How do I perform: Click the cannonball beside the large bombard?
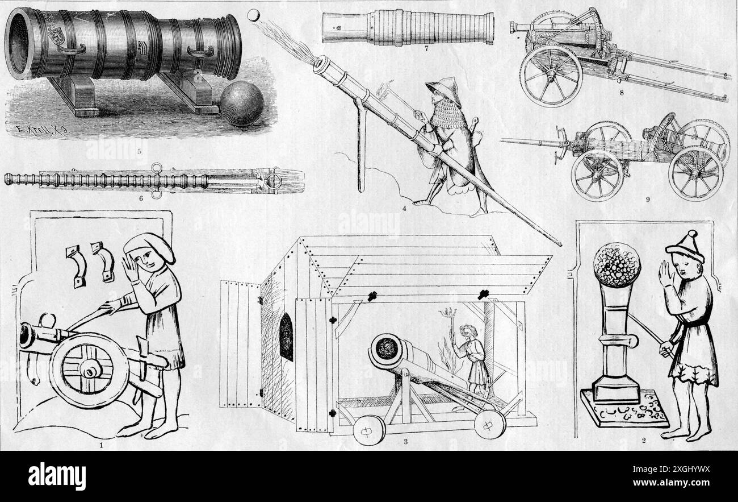click(x=242, y=103)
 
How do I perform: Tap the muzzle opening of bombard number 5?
click(x=18, y=43)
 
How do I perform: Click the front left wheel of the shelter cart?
click(x=368, y=429)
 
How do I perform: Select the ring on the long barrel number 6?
click(x=274, y=181)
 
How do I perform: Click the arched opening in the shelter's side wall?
click(x=286, y=337)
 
